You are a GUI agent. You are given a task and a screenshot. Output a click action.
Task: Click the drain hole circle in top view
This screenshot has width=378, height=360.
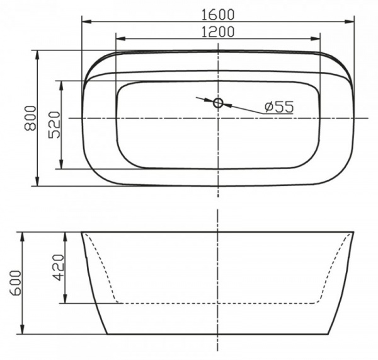click(218, 102)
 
